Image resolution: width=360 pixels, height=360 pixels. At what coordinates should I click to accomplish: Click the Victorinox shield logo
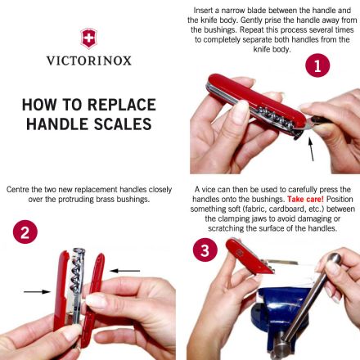[x=88, y=38]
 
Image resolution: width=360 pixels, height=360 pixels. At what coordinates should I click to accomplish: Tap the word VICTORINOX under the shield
[x=89, y=61]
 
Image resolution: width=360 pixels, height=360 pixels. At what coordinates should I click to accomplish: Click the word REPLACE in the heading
[x=122, y=105]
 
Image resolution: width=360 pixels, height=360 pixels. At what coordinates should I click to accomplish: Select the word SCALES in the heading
[x=123, y=124]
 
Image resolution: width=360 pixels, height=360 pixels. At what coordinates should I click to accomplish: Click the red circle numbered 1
[x=317, y=65]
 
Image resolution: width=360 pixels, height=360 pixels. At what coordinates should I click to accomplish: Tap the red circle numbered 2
[x=25, y=232]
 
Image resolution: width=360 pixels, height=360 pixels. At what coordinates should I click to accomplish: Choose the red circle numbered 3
[x=205, y=250]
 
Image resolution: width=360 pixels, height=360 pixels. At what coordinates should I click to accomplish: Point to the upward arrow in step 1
[x=311, y=149]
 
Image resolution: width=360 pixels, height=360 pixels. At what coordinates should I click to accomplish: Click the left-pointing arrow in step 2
[x=124, y=271]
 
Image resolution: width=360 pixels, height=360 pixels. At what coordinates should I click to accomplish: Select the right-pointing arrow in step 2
[x=37, y=292]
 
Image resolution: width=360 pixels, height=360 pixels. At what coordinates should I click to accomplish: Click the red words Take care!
[x=305, y=200]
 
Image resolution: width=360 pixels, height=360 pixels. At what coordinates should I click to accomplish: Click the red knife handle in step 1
[x=256, y=101]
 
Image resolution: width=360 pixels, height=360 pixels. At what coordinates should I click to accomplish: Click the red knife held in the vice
[x=249, y=255]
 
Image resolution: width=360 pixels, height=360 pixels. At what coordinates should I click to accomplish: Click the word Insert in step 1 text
[x=203, y=11]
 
